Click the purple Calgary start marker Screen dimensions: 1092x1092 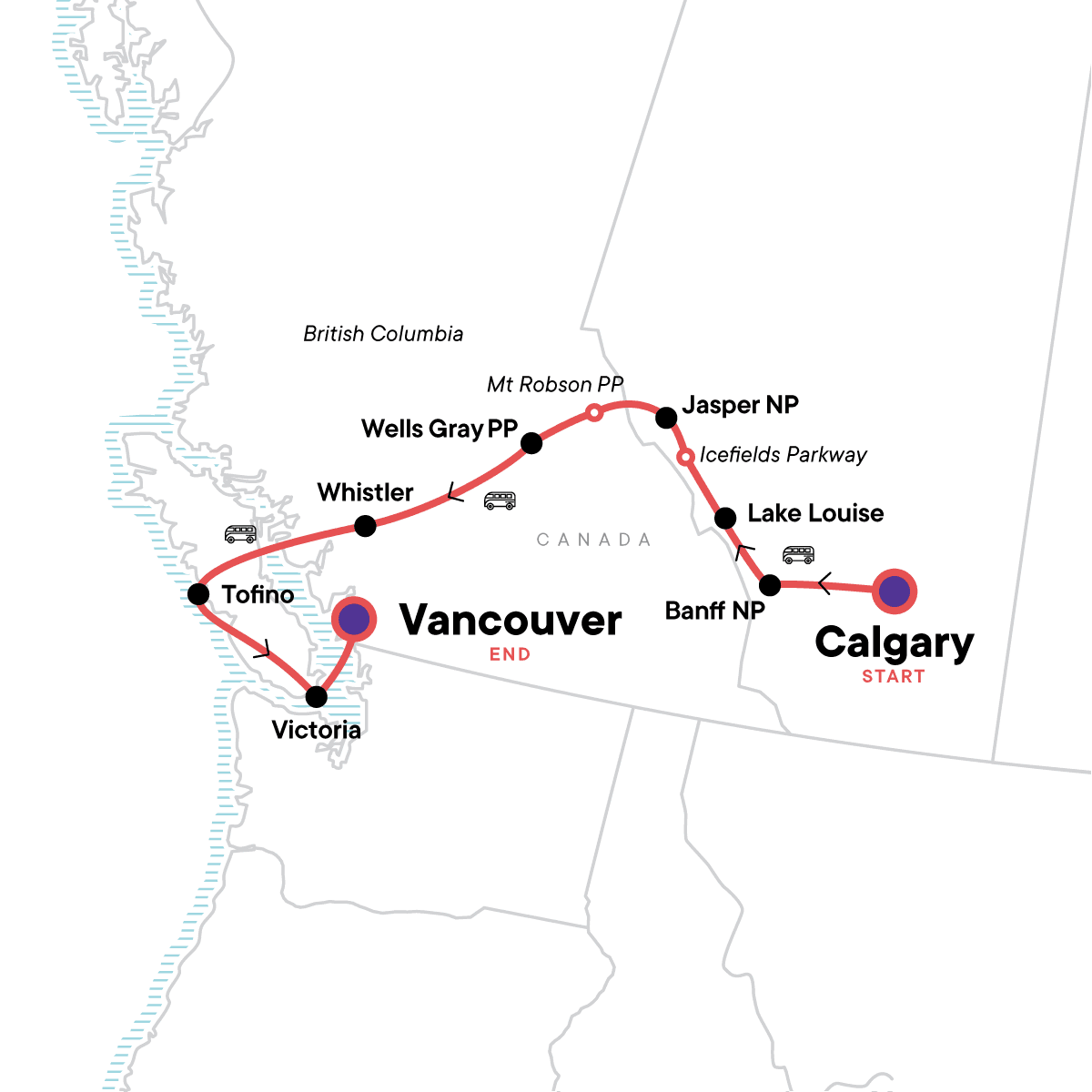click(895, 591)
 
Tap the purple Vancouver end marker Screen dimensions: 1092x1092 click(353, 619)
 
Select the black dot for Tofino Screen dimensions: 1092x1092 click(198, 594)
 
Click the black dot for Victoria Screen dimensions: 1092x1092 click(316, 697)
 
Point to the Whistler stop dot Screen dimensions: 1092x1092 click(365, 525)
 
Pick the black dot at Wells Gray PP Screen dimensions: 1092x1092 click(531, 443)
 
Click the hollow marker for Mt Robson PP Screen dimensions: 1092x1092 click(593, 413)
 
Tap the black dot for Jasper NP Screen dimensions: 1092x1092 click(666, 418)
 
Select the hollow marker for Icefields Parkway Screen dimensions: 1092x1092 click(686, 456)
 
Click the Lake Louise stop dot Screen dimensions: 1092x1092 click(725, 519)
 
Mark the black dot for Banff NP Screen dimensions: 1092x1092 click(770, 585)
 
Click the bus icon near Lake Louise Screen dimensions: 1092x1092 click(798, 554)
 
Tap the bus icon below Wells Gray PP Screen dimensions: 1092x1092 click(500, 500)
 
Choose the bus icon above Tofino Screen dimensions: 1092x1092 click(240, 533)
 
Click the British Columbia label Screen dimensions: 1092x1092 click(383, 334)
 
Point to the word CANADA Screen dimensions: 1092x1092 click(593, 540)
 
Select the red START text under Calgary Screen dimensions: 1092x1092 click(893, 676)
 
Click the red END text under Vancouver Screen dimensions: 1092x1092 click(510, 654)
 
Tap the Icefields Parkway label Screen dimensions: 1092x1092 click(783, 455)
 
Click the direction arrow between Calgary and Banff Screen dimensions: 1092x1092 click(824, 584)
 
